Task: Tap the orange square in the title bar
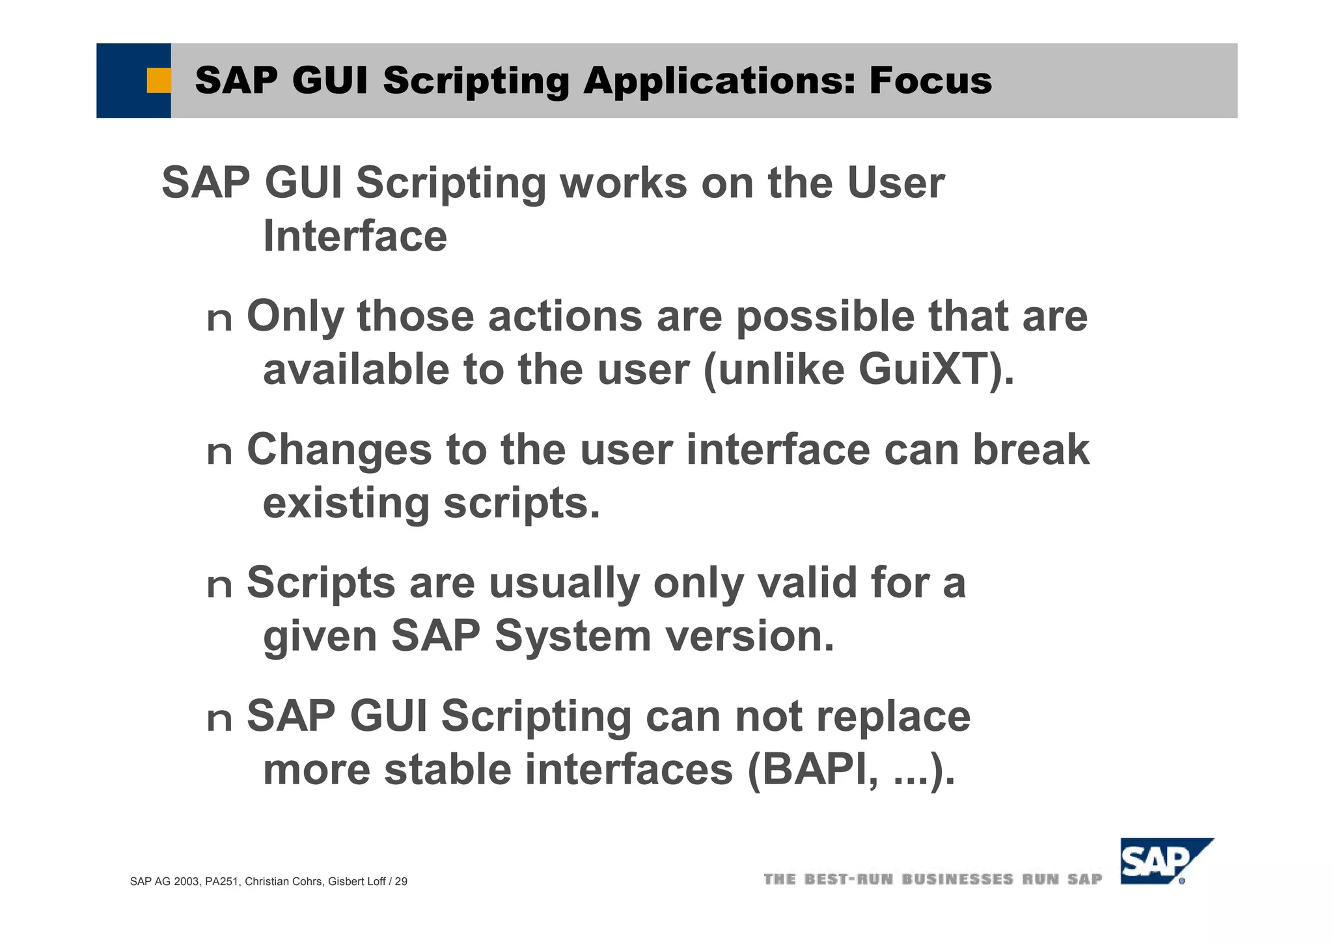158,81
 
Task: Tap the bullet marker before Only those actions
219,320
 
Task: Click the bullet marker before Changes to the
219,453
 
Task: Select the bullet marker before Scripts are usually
219,586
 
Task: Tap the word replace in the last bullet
893,717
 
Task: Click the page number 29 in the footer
401,882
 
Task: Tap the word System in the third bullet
573,636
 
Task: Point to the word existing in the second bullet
346,503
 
